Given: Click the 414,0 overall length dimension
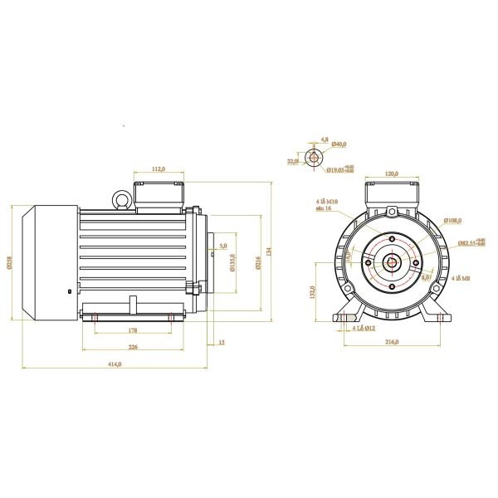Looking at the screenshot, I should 117,364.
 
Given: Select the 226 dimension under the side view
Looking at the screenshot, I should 133,349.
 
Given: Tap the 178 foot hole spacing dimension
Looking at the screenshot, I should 133,330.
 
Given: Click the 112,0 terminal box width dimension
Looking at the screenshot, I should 159,169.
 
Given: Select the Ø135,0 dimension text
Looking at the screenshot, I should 232,263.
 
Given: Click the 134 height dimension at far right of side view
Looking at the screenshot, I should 269,251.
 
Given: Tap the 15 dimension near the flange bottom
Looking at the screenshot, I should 222,341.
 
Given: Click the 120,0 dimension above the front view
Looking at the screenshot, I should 392,173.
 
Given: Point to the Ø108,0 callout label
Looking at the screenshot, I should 452,220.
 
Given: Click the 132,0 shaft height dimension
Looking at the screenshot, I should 313,292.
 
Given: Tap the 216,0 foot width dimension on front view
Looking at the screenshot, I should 392,341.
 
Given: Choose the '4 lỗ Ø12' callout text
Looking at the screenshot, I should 364,329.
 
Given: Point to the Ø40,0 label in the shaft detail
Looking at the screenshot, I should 339,144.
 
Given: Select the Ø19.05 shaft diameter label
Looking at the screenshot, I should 339,169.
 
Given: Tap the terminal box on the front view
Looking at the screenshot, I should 392,195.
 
